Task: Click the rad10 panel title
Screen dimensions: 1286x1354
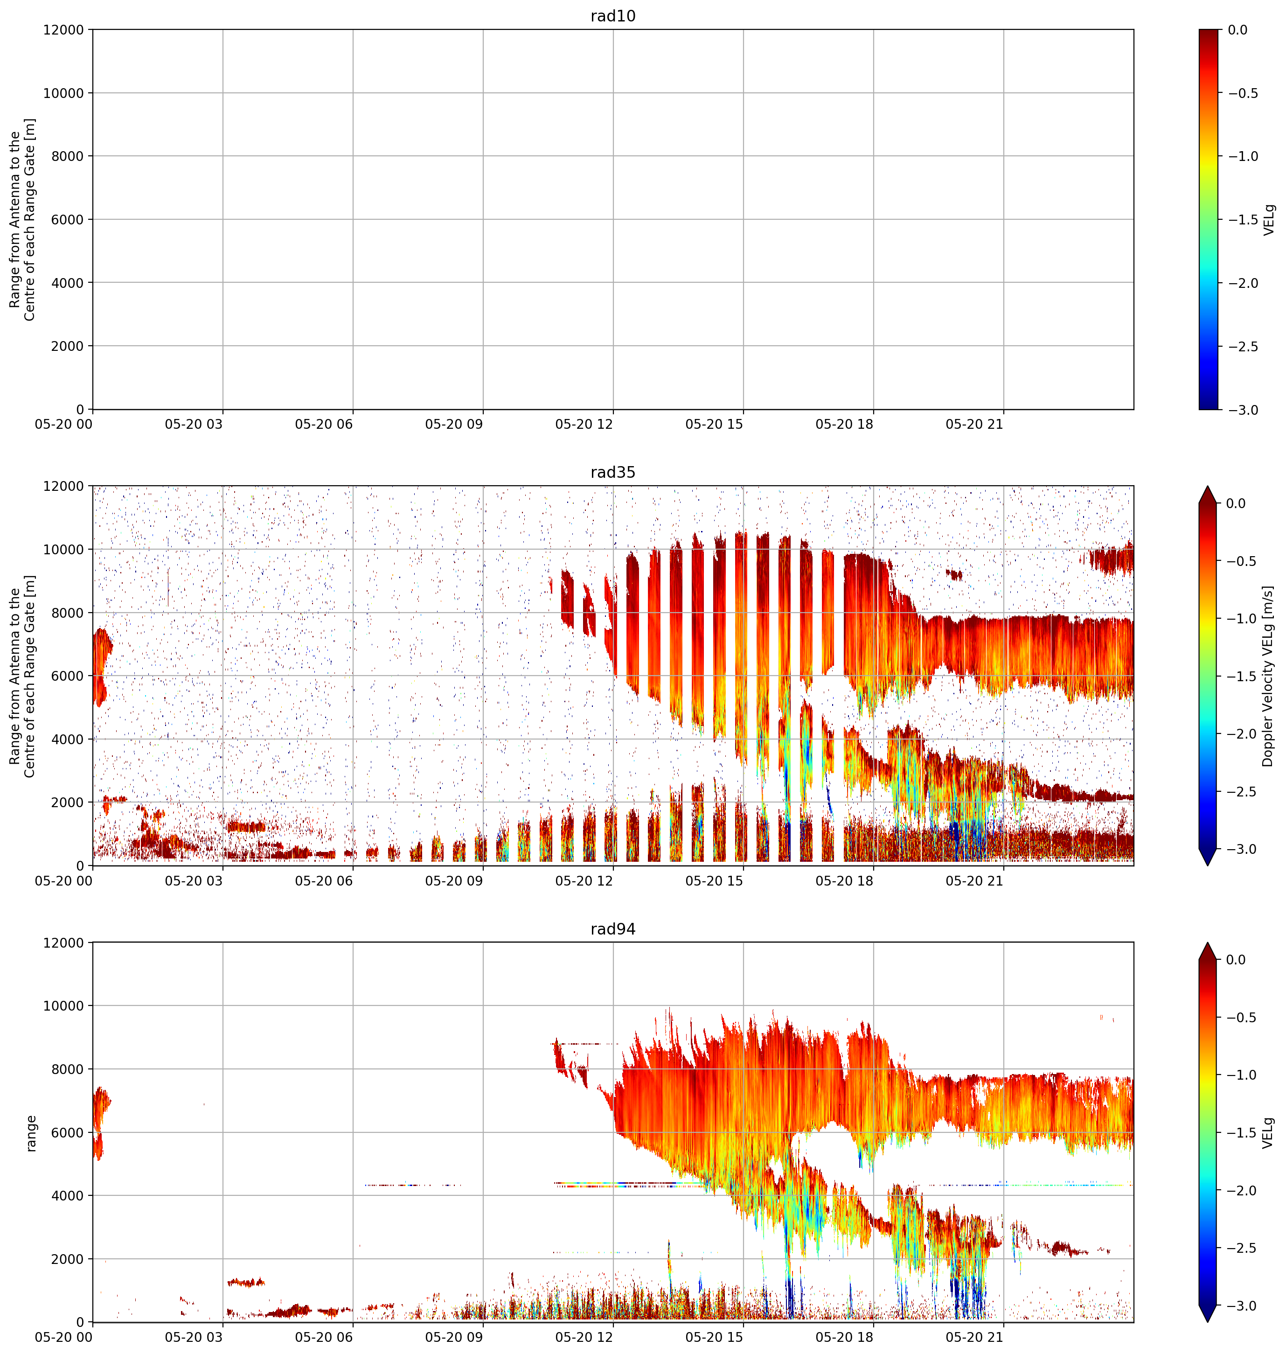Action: tap(613, 16)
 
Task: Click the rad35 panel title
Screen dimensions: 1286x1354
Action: tap(613, 472)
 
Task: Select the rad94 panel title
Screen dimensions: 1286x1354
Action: tap(613, 929)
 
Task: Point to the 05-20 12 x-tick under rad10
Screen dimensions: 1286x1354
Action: tap(584, 425)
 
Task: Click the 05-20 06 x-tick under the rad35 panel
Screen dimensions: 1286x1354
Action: tap(324, 881)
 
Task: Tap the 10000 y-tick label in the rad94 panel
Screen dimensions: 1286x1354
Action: tap(64, 1006)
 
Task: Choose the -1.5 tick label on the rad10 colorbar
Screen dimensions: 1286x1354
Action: tap(1243, 219)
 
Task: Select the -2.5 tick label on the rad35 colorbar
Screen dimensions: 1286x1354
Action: tap(1243, 792)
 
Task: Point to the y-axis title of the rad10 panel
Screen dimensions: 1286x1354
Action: tap(22, 219)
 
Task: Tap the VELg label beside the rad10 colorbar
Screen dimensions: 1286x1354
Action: tap(1269, 219)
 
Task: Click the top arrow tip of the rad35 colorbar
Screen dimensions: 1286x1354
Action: tap(1208, 487)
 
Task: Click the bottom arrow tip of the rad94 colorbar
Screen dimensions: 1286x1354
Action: tap(1208, 1322)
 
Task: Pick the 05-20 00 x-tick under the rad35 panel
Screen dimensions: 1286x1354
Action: tap(64, 881)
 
